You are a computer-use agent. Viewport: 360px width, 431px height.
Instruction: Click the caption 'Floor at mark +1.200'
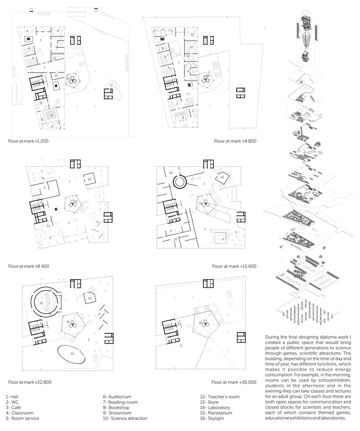click(28, 141)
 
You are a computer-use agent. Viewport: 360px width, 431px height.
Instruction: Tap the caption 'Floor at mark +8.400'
click(28, 266)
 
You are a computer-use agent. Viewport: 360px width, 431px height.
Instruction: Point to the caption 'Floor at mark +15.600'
click(234, 266)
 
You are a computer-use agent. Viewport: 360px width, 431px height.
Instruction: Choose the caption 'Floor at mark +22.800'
click(29, 382)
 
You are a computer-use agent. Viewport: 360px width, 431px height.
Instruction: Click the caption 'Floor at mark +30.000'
click(234, 382)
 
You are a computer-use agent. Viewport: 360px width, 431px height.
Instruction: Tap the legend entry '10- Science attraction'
click(125, 418)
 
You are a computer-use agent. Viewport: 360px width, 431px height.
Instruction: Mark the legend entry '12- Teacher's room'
click(220, 396)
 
